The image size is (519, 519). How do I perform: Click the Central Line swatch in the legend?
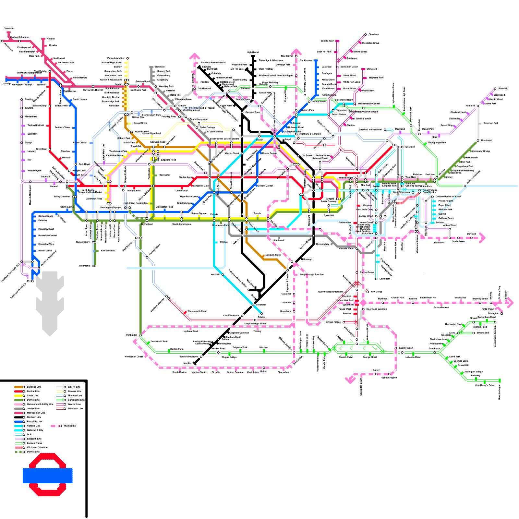tap(19, 391)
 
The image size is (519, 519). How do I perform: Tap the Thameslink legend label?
tap(70, 426)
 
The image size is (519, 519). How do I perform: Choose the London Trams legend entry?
tap(34, 443)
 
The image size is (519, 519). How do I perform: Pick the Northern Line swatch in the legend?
tap(19, 417)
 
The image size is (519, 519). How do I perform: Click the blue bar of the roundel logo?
tap(47, 476)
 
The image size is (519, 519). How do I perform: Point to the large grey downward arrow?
tap(50, 302)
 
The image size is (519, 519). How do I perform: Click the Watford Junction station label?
tap(115, 58)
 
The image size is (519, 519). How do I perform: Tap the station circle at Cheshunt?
tap(365, 34)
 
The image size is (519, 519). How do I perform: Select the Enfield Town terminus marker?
tap(337, 41)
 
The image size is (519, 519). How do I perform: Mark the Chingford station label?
tap(372, 69)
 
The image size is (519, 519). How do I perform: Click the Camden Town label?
tap(253, 112)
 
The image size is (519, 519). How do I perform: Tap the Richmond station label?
tap(84, 266)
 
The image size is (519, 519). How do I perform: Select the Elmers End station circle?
tap(474, 333)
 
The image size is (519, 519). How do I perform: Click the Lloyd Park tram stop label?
tap(455, 356)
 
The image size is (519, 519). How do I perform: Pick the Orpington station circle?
tap(501, 314)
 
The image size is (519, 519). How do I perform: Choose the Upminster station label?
tap(487, 140)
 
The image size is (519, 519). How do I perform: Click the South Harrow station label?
tap(80, 99)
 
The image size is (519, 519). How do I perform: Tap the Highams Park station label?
tap(376, 78)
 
